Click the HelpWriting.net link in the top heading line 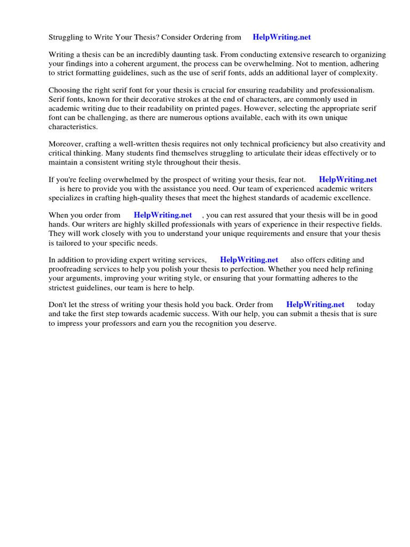click(x=281, y=37)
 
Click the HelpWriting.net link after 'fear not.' click(x=348, y=179)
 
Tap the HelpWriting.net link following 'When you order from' click(x=163, y=215)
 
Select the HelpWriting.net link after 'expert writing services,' click(x=249, y=260)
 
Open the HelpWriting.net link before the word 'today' click(x=316, y=305)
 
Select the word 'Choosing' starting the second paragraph click(x=65, y=90)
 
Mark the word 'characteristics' click(x=73, y=127)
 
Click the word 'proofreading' click(x=71, y=269)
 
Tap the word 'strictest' click(x=63, y=287)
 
